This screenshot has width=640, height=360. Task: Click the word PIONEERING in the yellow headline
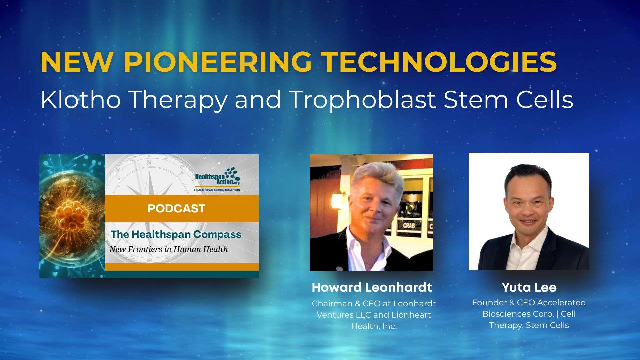pos(218,62)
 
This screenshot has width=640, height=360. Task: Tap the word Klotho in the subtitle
pos(81,99)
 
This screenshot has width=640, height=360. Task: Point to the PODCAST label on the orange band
pos(176,208)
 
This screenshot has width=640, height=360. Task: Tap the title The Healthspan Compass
pos(176,234)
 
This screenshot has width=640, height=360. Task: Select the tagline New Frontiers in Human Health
pos(169,249)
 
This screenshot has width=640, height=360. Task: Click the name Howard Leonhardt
pos(372,287)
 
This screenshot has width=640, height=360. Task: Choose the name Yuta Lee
pos(529,287)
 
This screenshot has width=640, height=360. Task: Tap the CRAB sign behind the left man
pos(409,225)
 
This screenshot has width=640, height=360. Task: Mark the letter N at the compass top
pos(149,162)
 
